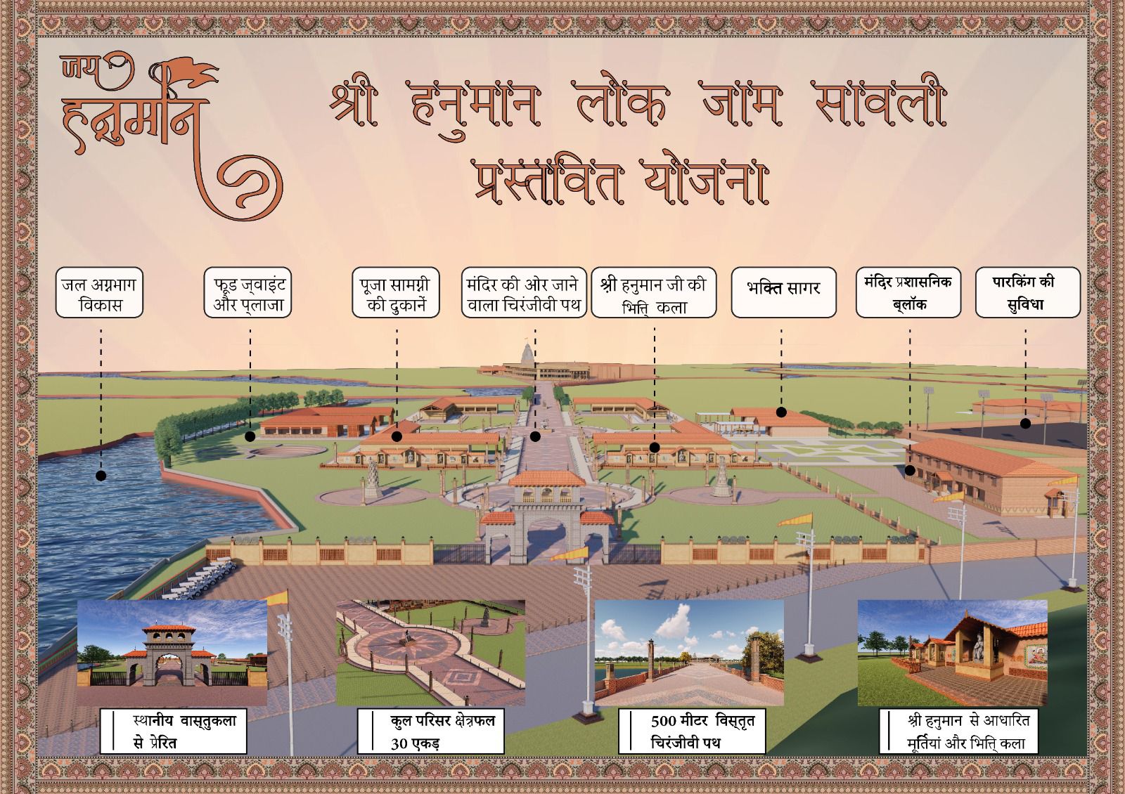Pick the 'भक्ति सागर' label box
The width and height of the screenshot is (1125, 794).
coord(783,291)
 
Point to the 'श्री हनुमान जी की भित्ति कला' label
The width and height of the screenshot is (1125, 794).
coord(654,292)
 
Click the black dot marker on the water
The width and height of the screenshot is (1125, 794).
coord(101,476)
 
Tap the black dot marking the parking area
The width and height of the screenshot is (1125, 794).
coord(1025,424)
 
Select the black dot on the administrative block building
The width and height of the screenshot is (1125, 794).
coord(910,471)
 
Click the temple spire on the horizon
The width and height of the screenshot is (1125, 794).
coord(525,351)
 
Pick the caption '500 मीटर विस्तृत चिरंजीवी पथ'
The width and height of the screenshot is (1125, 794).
coord(692,731)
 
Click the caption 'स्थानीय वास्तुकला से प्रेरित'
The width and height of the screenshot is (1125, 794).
coord(173,731)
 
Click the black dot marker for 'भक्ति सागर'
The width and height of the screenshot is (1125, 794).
coord(781,412)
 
